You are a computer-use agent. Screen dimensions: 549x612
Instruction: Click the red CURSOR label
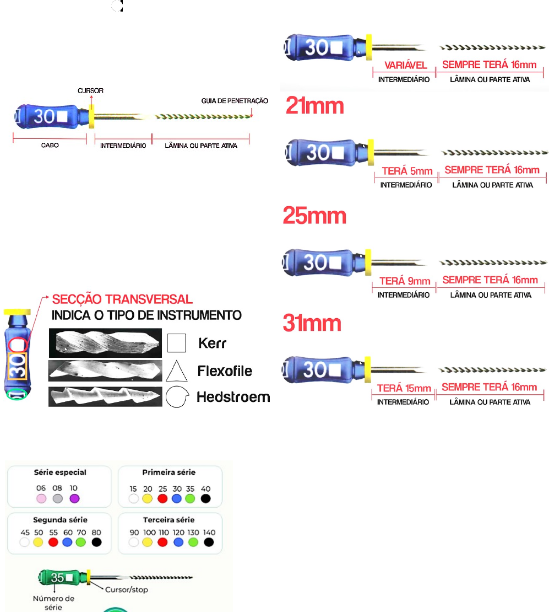click(90, 90)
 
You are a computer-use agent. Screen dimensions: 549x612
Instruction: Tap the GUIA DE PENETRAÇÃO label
click(235, 101)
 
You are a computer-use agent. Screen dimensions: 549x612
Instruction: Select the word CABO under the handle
click(50, 146)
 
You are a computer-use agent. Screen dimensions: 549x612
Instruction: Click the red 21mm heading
click(314, 106)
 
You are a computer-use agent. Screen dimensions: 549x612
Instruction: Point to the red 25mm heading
click(314, 216)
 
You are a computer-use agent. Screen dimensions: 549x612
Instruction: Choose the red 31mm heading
click(312, 323)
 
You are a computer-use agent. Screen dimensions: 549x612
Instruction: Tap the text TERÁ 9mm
click(404, 281)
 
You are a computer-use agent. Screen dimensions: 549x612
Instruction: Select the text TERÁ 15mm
click(404, 389)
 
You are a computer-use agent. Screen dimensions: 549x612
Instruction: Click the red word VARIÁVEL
click(406, 66)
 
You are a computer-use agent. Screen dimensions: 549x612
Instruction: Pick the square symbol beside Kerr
click(176, 343)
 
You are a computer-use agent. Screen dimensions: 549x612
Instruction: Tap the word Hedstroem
click(233, 397)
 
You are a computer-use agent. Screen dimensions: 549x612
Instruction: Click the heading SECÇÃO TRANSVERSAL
click(122, 300)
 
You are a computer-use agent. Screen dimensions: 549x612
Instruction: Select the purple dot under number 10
click(75, 498)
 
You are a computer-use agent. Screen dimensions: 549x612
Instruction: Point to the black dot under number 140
click(209, 543)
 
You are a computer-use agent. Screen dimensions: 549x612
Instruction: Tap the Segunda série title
click(59, 520)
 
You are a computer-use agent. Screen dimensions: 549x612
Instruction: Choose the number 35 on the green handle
click(57, 578)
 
